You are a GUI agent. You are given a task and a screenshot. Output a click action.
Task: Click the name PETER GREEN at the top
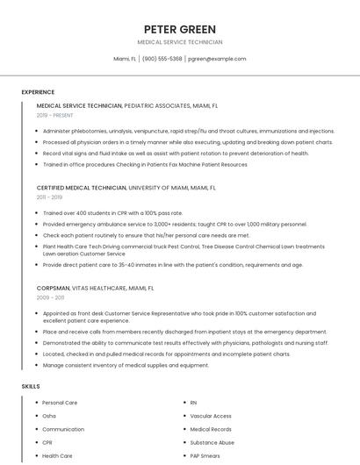[x=179, y=29]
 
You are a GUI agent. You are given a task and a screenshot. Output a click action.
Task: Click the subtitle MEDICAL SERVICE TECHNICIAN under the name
[x=179, y=42]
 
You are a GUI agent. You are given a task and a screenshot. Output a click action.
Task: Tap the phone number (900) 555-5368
[x=162, y=59]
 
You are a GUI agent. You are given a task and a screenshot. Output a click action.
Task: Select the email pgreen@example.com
[x=217, y=59]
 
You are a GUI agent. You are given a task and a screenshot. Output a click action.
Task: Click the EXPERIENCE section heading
[x=38, y=92]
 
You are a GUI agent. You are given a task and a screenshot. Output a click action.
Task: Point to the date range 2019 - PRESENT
[x=55, y=115]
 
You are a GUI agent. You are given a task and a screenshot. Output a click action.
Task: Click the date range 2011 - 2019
[x=50, y=197]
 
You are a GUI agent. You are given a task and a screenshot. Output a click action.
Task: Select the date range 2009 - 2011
[x=50, y=297]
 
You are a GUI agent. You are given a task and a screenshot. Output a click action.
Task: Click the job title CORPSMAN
[x=53, y=288]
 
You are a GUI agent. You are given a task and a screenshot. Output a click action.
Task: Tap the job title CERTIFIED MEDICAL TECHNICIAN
[x=82, y=188]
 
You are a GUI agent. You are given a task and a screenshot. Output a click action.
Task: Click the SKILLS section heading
[x=31, y=386]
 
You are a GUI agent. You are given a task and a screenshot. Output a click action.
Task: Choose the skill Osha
[x=49, y=416]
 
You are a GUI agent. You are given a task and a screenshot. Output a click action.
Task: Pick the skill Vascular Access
[x=211, y=416]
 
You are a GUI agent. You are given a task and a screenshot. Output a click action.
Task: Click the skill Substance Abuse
[x=212, y=443]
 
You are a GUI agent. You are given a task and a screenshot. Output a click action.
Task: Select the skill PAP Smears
[x=205, y=456]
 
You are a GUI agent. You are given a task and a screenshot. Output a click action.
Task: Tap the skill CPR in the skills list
[x=47, y=443]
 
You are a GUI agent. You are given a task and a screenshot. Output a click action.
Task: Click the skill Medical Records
[x=211, y=429]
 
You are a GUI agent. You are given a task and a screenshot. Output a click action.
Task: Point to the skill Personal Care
[x=60, y=403]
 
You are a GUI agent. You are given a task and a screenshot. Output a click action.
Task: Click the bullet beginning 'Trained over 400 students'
[x=112, y=213]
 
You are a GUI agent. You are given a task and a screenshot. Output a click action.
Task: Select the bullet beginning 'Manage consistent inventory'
[x=126, y=365]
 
